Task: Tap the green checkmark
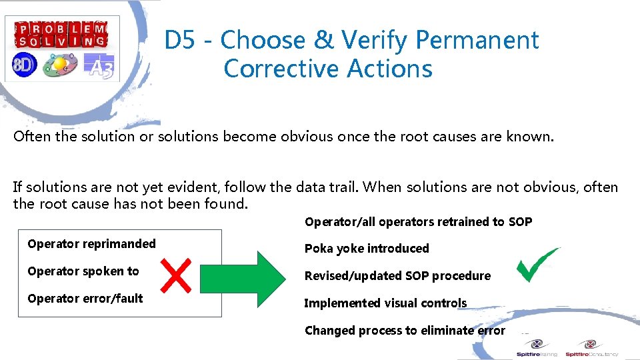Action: coord(538,265)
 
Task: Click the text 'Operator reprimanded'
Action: coord(91,244)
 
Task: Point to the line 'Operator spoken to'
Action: coord(83,271)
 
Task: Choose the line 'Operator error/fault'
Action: coord(85,299)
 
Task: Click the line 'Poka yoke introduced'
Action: coord(367,249)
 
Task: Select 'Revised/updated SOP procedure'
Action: coord(397,276)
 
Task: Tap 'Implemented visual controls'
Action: coord(385,303)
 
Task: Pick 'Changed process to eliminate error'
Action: coord(405,331)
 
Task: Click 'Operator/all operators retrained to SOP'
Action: coord(418,222)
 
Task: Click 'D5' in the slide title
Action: coord(181,41)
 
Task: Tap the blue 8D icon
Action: coord(23,65)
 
